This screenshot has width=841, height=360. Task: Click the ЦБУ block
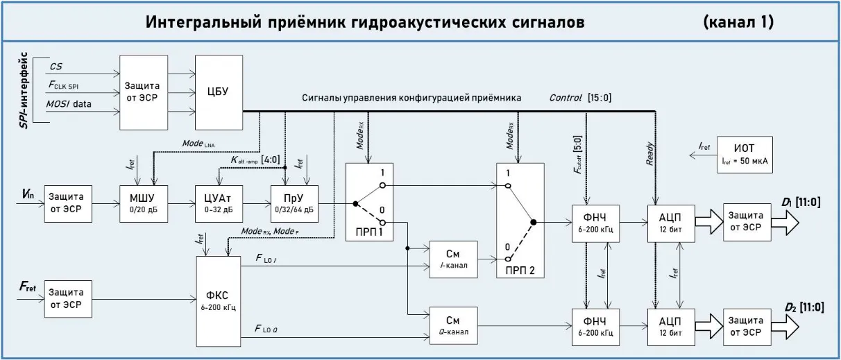coord(218,91)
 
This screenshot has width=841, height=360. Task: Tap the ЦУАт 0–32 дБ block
coord(219,203)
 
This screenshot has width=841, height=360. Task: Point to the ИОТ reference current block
coord(746,154)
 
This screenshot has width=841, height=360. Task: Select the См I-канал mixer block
coord(452,259)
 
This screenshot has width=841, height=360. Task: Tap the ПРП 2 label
coord(520,268)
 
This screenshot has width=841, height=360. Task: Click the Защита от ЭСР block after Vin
coord(68,203)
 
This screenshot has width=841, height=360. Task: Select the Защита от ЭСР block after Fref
coord(68,298)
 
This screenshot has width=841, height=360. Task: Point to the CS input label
coord(56,66)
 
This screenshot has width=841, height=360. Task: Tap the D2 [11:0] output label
coord(804,306)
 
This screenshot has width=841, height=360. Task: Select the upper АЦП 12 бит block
coord(670,223)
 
